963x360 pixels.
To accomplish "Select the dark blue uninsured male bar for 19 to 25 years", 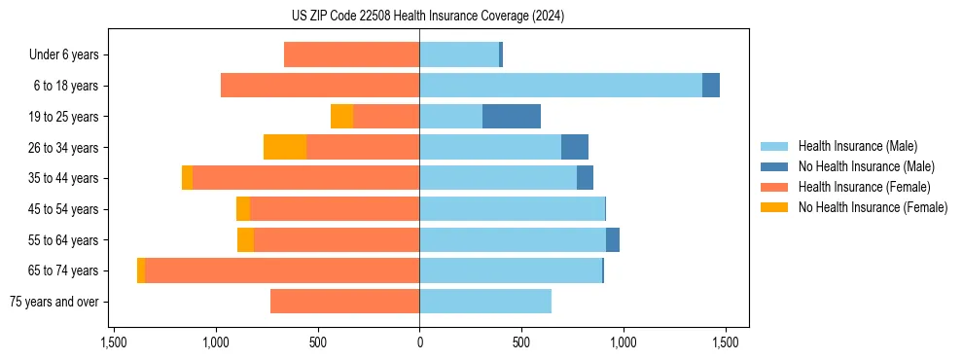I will (x=512, y=116).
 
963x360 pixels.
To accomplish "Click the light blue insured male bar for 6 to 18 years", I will (x=560, y=86).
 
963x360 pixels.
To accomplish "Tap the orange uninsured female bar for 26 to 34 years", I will (x=285, y=147).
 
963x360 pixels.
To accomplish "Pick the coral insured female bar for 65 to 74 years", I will (x=282, y=270).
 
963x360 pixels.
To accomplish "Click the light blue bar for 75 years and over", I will (x=485, y=302).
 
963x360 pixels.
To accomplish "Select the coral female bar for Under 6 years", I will (x=351, y=54).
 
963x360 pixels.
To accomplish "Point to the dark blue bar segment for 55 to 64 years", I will (x=613, y=239).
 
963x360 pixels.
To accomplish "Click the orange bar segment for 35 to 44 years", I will (x=187, y=178).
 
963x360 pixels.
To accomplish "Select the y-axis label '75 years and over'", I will (x=53, y=302).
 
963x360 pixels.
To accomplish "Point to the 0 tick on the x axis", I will (x=419, y=342).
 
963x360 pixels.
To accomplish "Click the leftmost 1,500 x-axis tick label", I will (x=114, y=342).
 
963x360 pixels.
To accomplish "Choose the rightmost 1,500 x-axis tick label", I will (x=724, y=342).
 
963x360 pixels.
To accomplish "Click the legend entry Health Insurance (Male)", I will (x=857, y=146).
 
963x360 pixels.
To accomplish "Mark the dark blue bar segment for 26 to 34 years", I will (x=575, y=147).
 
